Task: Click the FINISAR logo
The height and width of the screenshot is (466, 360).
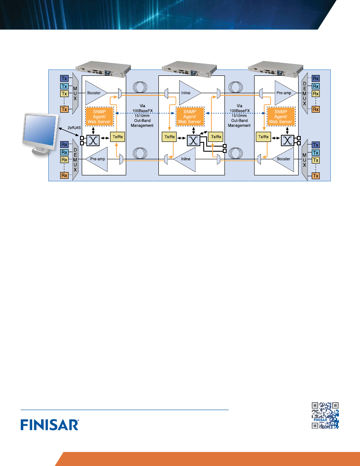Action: (x=50, y=424)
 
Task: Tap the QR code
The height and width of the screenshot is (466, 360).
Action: (x=325, y=415)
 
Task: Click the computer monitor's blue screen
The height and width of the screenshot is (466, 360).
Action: (x=41, y=130)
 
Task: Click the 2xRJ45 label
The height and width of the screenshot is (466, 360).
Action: (x=74, y=128)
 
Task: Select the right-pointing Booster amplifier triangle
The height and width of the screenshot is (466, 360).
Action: (x=94, y=93)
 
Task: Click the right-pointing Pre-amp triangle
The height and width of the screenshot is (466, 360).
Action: (x=284, y=93)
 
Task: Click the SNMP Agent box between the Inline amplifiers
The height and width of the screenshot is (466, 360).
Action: (x=190, y=116)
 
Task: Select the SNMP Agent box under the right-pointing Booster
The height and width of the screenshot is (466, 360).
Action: (x=99, y=116)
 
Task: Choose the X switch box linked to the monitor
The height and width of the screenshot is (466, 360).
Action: (x=93, y=140)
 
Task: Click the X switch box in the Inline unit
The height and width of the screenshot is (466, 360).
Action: (x=194, y=140)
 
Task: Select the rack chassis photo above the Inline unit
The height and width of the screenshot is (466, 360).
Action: (x=189, y=69)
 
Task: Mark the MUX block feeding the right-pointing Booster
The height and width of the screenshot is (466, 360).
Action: (x=75, y=93)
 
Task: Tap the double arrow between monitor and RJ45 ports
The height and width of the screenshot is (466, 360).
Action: (x=69, y=133)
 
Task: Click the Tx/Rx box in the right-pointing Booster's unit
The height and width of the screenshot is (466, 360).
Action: (x=118, y=137)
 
